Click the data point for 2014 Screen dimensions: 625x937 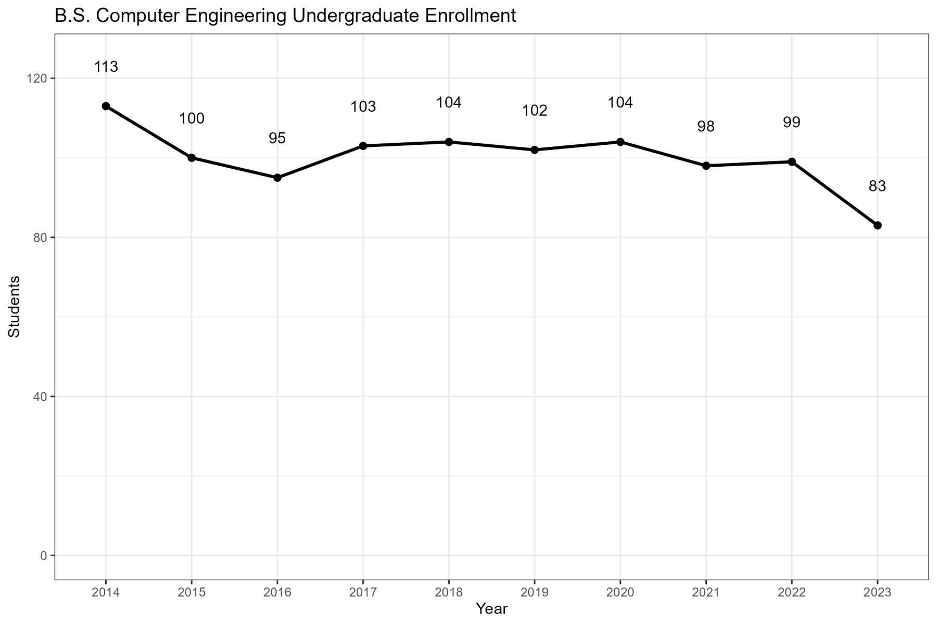(x=106, y=106)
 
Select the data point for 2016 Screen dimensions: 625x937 (x=277, y=178)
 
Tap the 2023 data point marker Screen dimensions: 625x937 (x=877, y=226)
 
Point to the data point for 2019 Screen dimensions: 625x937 (x=535, y=150)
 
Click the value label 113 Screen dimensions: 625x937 (x=106, y=67)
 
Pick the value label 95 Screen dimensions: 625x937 (x=277, y=139)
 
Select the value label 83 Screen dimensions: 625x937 (x=877, y=186)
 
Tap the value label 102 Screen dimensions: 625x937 (x=535, y=111)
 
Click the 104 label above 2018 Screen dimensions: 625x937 (x=449, y=103)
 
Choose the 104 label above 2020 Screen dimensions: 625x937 (x=620, y=103)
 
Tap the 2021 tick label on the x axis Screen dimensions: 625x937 (x=706, y=592)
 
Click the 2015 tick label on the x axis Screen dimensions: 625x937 (x=192, y=592)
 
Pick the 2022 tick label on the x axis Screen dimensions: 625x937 (x=791, y=592)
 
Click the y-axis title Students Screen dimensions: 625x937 (x=15, y=306)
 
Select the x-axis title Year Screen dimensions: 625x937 (x=491, y=609)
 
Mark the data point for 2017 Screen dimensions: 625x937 (x=363, y=146)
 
